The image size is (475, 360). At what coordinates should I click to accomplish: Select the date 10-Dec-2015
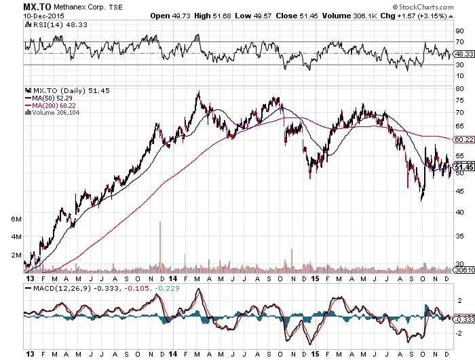coord(21,15)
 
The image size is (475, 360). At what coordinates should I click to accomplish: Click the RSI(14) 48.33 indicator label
coord(52,26)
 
